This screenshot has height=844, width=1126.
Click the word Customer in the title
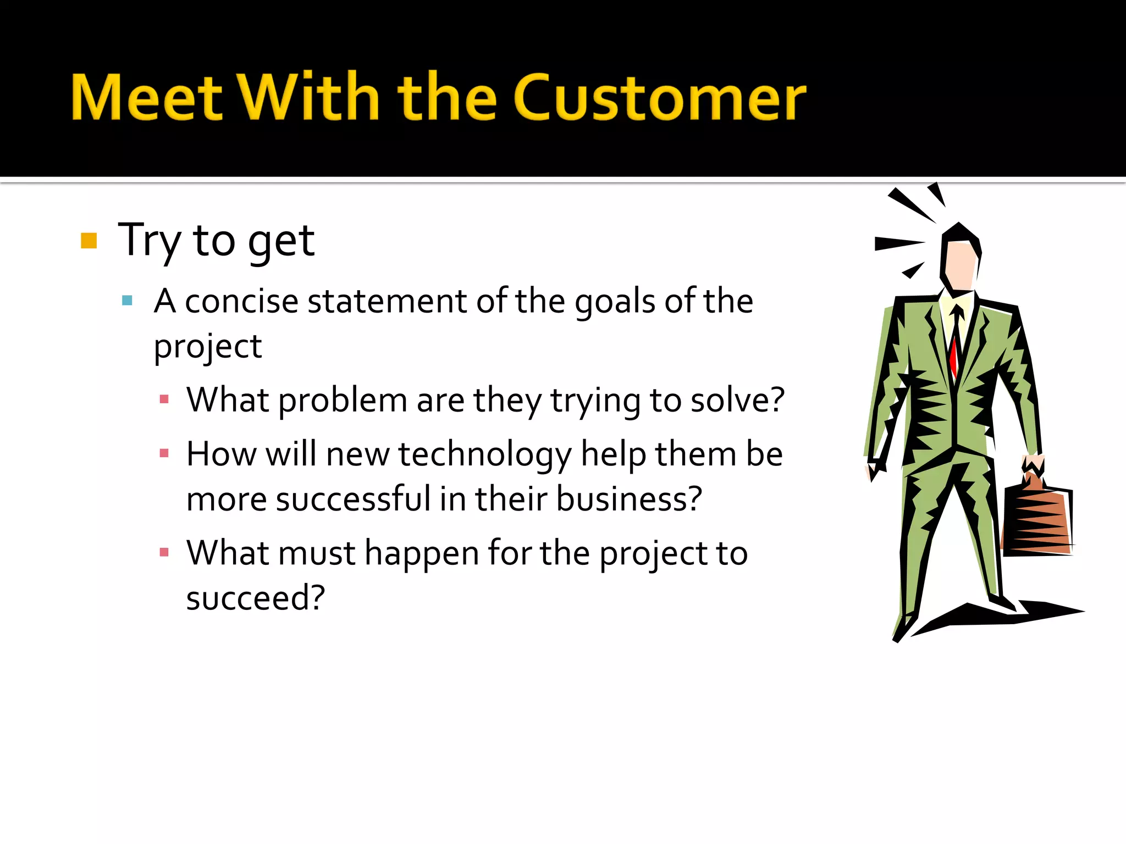(660, 99)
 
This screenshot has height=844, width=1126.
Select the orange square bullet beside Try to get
(89, 241)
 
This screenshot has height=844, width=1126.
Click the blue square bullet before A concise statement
(127, 301)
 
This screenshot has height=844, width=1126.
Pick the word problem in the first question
(343, 401)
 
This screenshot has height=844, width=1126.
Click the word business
(628, 499)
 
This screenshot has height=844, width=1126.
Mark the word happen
(422, 554)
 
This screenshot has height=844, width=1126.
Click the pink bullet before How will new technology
(164, 453)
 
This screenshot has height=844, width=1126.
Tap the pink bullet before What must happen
(164, 552)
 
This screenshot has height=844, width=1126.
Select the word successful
(353, 499)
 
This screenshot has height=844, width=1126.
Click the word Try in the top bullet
(149, 241)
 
